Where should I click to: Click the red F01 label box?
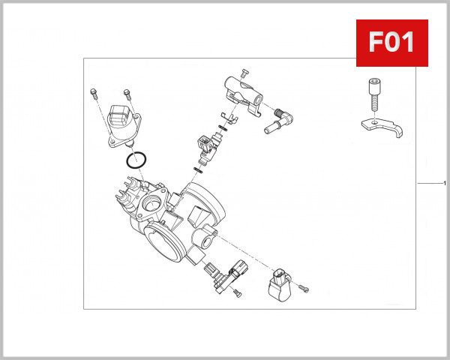[x=391, y=42]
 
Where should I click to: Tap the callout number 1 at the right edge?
[x=445, y=184]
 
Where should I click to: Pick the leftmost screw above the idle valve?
[x=92, y=94]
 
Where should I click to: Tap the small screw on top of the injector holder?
[x=244, y=72]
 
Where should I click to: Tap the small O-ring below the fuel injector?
[x=198, y=169]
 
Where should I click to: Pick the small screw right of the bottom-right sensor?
[x=304, y=288]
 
